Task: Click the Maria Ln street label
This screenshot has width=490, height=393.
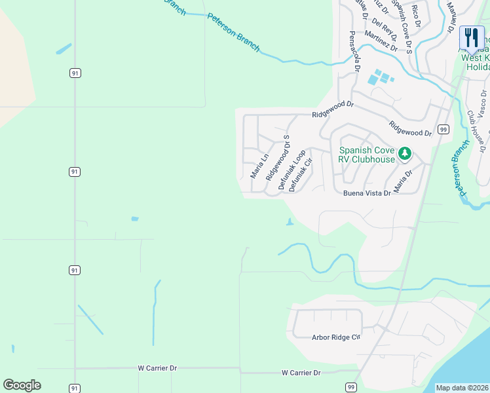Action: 260,166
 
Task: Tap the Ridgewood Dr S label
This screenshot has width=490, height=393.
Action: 278,159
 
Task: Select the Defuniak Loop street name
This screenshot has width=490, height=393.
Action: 292,170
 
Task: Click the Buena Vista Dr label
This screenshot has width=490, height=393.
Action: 367,193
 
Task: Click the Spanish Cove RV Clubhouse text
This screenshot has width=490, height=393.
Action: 366,155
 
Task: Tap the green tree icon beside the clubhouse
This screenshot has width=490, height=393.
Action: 405,154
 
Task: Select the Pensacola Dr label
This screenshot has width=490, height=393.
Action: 355,51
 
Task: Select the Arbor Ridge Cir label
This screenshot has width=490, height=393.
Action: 336,337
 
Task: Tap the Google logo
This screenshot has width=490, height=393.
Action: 22,385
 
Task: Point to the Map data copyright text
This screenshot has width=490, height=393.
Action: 462,388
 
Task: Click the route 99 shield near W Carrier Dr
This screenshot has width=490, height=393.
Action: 351,388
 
